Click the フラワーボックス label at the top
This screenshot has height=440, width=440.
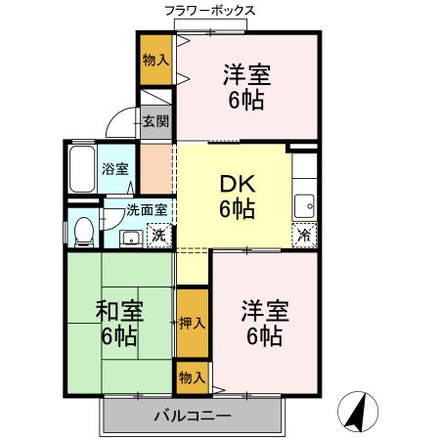(209, 11)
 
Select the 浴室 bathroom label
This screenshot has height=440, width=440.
(114, 168)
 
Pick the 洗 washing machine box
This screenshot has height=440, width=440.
(156, 235)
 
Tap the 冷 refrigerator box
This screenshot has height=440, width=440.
(305, 235)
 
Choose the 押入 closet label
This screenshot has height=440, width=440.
(193, 323)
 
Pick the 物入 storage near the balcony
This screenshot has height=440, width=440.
(193, 375)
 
